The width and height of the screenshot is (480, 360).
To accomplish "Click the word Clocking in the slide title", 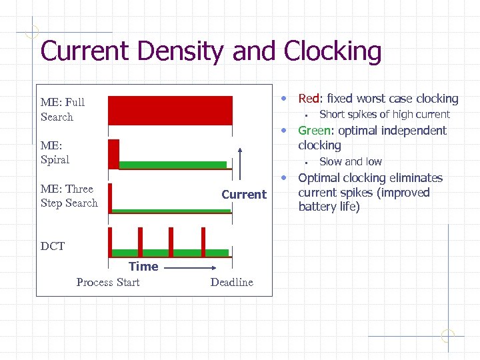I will click(332, 51).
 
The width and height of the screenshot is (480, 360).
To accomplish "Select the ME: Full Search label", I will click(62, 109).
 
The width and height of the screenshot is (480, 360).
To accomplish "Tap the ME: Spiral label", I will click(55, 152).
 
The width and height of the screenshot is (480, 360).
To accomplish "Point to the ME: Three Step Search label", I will click(69, 196).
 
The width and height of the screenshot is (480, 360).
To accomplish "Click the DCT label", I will click(53, 246).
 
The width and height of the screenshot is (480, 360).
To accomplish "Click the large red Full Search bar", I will click(170, 111).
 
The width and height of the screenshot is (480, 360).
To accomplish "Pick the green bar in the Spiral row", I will click(173, 164).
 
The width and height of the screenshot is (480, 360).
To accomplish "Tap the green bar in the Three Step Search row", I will click(171, 211).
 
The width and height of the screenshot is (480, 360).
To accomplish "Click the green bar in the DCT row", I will click(170, 253).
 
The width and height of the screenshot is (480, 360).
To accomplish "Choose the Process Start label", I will click(108, 282).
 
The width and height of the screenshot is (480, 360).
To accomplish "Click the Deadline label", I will click(231, 282).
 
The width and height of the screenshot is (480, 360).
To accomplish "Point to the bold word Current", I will click(243, 194).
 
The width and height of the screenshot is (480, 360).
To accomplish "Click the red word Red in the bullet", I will click(309, 99).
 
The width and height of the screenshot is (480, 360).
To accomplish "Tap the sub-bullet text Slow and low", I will click(351, 161).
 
